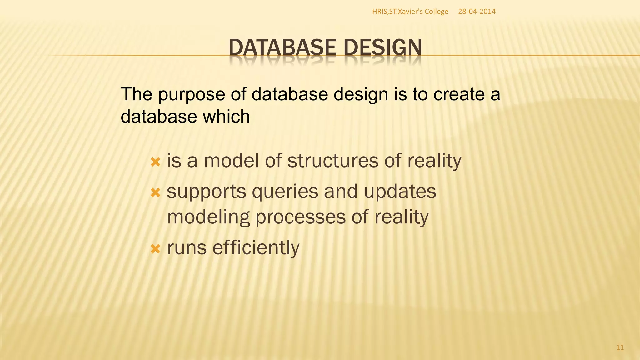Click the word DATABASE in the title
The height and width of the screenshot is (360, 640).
click(x=282, y=47)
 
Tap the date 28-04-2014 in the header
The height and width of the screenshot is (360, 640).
click(x=477, y=12)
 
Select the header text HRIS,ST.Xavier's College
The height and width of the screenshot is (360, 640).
click(x=410, y=12)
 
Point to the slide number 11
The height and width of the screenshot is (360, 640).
click(x=620, y=347)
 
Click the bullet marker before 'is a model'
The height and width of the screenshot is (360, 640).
click(x=155, y=162)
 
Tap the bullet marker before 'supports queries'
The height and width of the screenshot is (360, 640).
click(x=155, y=192)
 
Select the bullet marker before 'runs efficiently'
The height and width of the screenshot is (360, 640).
click(x=155, y=249)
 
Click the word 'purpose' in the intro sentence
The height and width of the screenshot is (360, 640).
click(x=191, y=95)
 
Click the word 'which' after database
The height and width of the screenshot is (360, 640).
click(x=226, y=117)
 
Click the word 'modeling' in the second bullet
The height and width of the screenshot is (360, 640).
click(x=208, y=217)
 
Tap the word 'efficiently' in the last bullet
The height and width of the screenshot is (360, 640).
click(x=256, y=247)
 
